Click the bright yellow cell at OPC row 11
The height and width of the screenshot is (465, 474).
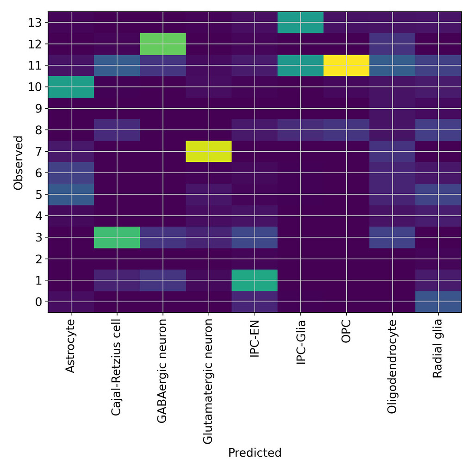click(x=346, y=65)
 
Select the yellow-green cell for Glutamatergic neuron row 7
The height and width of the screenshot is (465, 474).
click(x=208, y=151)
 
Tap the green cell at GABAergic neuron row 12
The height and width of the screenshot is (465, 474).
click(x=162, y=44)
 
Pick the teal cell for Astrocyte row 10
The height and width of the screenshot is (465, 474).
click(x=71, y=87)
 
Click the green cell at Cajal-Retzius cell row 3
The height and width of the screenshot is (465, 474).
click(x=117, y=237)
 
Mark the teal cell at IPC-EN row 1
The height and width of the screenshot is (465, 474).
click(x=254, y=280)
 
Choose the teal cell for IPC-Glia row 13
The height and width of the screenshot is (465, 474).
click(x=300, y=22)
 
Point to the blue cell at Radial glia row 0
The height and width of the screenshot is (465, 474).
click(x=438, y=302)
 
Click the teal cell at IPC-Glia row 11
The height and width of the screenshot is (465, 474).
click(x=300, y=65)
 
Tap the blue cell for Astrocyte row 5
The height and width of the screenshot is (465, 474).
click(x=71, y=194)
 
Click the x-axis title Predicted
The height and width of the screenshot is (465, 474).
click(x=255, y=452)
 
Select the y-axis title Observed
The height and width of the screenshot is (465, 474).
click(x=19, y=162)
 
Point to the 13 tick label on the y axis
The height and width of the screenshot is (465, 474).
click(x=37, y=23)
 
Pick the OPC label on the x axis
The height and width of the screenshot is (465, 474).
click(x=346, y=330)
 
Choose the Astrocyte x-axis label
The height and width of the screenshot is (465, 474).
click(x=71, y=346)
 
